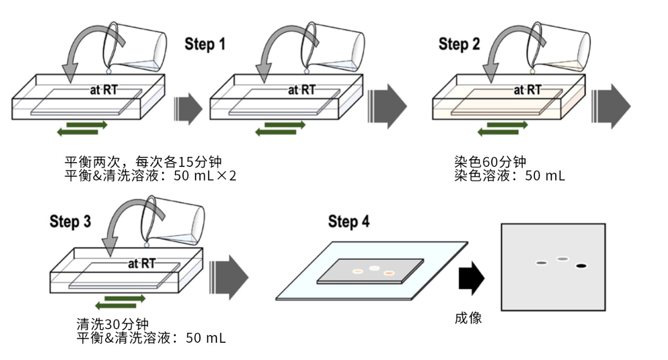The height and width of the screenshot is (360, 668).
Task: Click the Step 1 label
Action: coord(205,44)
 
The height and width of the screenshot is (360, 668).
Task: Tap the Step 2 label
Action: coord(459,44)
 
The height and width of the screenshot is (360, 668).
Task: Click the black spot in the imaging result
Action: coord(581,266)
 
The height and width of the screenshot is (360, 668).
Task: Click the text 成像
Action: coord(468,318)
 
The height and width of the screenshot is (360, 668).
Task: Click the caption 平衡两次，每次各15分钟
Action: coord(146,161)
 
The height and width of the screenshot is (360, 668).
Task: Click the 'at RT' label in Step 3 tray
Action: coord(141,263)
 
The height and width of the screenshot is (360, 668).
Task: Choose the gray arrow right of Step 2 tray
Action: coord(611,106)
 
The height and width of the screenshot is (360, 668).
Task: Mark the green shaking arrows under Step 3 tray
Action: coord(120,302)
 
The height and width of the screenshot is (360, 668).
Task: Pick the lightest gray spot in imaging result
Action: coord(562,259)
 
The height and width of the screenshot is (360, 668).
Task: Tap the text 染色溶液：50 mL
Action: coord(509,176)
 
